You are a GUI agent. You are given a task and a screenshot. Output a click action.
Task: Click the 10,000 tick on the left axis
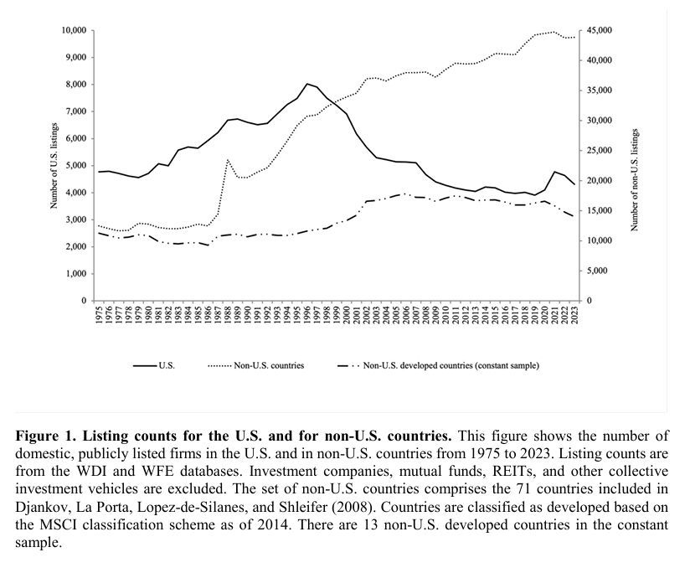click(74, 30)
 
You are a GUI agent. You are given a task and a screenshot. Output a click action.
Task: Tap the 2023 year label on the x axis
click(574, 315)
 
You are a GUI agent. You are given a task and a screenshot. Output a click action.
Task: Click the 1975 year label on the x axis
click(99, 315)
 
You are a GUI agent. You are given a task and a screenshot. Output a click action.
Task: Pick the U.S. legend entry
click(154, 365)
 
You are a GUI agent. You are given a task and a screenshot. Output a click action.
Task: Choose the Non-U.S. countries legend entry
click(255, 365)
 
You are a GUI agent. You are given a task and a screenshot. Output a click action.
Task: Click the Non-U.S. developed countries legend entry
click(438, 365)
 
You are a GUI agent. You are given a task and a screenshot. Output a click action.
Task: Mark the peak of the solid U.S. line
click(307, 84)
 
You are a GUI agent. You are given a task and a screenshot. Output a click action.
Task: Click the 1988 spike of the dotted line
click(228, 159)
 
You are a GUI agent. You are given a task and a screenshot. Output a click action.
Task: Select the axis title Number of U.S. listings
click(54, 166)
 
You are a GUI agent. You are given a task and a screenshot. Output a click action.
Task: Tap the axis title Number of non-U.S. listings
click(634, 180)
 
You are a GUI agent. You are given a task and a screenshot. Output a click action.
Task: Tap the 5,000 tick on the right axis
click(597, 271)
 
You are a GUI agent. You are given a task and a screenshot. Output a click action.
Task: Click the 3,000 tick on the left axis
click(76, 219)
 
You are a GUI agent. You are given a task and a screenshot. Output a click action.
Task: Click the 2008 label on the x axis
click(426, 315)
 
